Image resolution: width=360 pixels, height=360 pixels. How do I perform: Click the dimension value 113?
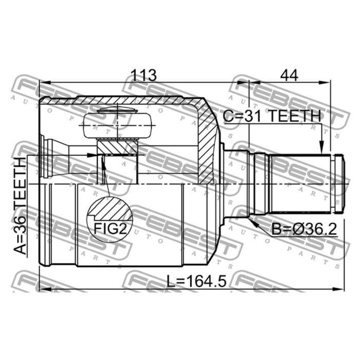[x=143, y=75]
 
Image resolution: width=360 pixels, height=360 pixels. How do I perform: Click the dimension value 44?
[x=289, y=75]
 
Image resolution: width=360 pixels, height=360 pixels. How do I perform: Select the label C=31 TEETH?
[x=272, y=116]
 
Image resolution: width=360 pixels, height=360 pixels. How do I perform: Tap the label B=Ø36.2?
[x=304, y=229]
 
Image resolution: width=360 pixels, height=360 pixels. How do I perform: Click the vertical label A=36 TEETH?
[x=20, y=206]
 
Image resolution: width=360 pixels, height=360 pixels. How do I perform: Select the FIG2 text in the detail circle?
[x=110, y=228]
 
